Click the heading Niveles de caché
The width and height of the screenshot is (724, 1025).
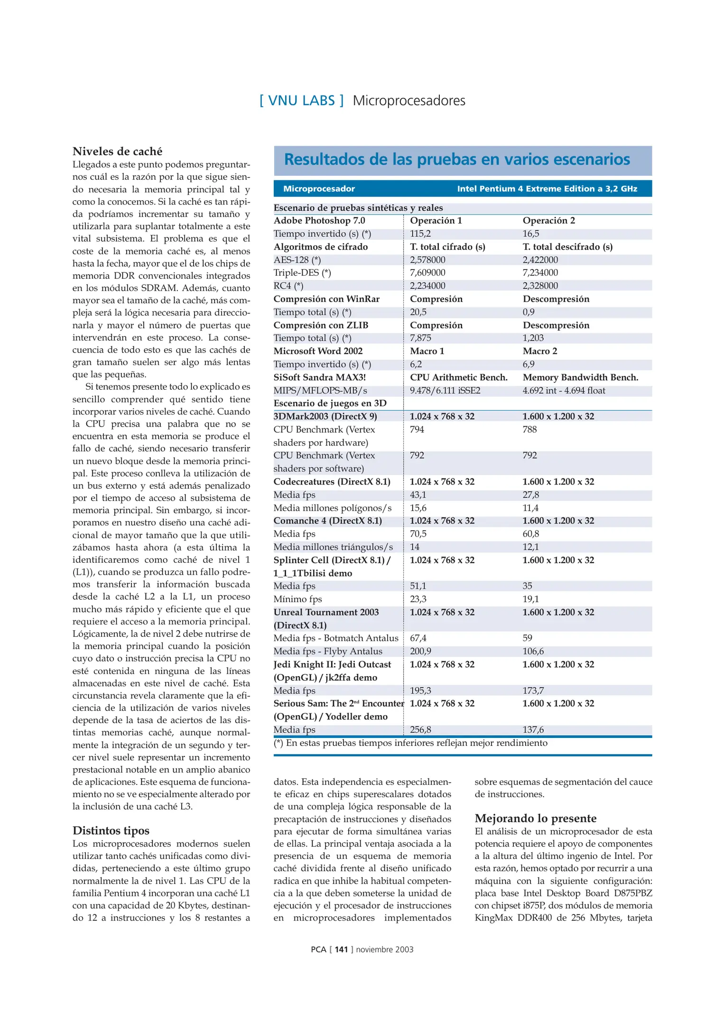coord(117,151)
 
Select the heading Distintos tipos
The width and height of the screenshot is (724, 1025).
coord(111,830)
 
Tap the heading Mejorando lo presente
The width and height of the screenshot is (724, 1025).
coord(535,818)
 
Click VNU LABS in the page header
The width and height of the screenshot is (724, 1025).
coord(301,101)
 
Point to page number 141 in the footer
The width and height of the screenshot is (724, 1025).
coord(341,949)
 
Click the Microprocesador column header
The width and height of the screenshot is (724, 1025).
coord(319,189)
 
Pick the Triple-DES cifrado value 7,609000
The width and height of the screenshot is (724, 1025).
coord(427,272)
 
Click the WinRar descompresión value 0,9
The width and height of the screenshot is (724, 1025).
coord(528,312)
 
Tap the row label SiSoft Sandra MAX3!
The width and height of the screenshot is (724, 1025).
coord(319,377)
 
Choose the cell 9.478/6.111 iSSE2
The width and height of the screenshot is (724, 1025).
coord(445,391)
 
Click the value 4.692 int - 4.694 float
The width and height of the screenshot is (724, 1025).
coord(564,391)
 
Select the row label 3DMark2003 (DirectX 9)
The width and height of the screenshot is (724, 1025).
coord(325,416)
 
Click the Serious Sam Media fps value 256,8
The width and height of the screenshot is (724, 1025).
coord(420,729)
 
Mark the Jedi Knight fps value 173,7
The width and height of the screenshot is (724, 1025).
coord(533,690)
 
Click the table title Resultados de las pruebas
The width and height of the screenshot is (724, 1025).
coord(456,159)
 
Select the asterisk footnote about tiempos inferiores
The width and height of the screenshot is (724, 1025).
coord(410,743)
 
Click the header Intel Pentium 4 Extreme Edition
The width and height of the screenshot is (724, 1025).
coord(547,189)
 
